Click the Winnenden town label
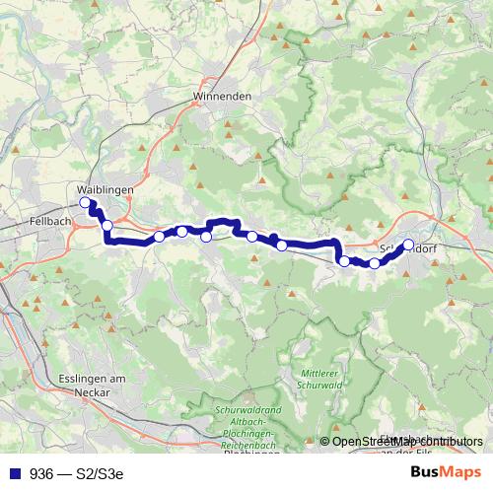223,97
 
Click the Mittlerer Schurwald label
320,379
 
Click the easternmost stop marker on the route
408,246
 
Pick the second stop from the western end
107,226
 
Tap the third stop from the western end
159,237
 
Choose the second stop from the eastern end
375,263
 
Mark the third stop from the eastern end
344,261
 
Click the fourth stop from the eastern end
282,246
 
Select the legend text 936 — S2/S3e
78,473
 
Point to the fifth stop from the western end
206,236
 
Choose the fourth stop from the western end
182,232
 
